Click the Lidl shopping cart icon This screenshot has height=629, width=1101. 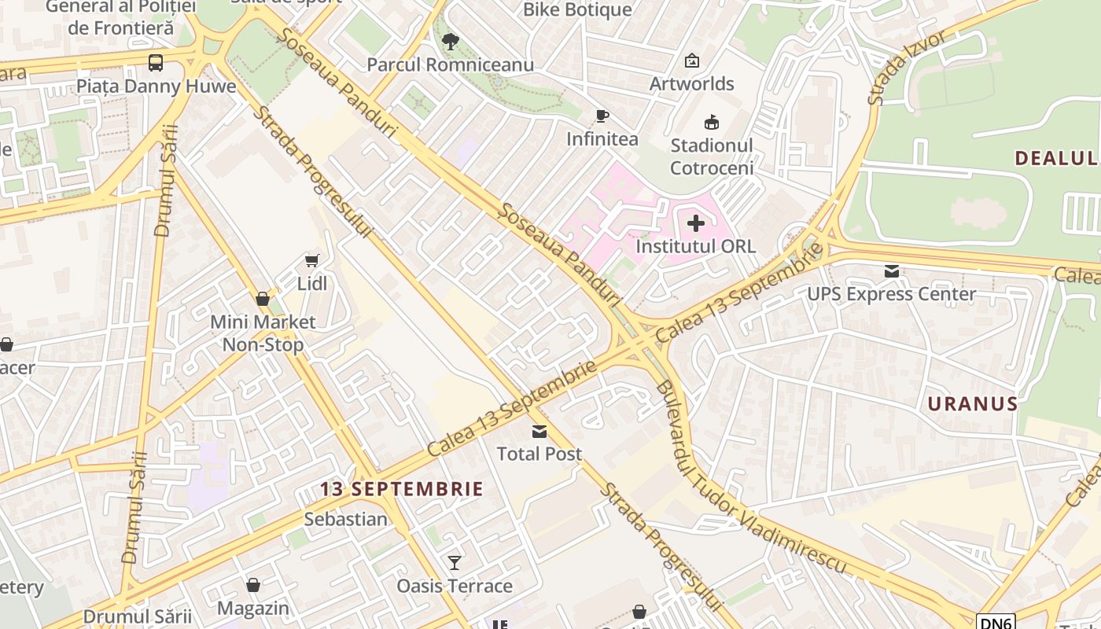coord(312,260)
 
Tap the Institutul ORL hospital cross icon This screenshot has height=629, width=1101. coord(696,223)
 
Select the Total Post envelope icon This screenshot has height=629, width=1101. coord(539,431)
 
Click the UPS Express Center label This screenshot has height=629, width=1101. coord(892,294)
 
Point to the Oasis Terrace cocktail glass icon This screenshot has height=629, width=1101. coord(455,562)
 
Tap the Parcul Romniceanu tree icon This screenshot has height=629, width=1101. coord(450,41)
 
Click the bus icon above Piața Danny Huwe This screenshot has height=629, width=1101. coord(156,62)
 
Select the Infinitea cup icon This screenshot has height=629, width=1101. coord(602,116)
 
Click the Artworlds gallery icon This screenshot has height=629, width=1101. coord(692,61)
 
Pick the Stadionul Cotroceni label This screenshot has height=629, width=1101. coord(712,156)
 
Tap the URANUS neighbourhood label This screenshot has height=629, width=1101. coord(972,404)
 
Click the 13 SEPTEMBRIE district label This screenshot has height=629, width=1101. coord(401,489)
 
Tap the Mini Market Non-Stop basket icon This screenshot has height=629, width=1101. coord(263,299)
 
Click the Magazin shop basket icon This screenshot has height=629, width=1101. coord(253,585)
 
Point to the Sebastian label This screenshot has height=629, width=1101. coord(346,519)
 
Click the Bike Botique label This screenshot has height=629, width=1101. coord(577,9)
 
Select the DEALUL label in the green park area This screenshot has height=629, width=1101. coord(1056,158)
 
